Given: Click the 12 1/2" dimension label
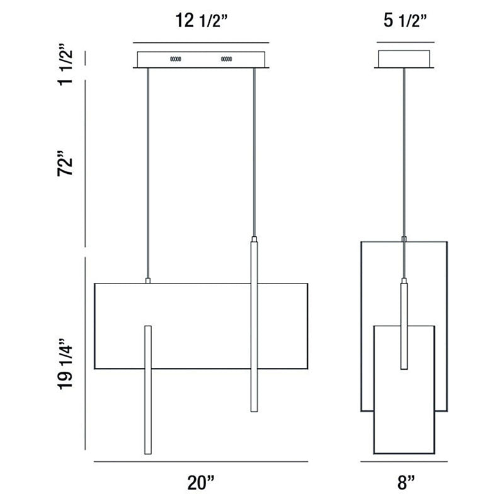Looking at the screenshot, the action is (x=201, y=21).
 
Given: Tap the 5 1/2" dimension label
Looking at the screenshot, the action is (x=405, y=21).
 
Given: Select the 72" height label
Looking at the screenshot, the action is (x=65, y=163).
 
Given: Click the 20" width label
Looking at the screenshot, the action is (x=200, y=483).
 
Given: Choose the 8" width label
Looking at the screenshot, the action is (x=406, y=483).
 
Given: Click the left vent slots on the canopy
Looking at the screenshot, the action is (x=176, y=59).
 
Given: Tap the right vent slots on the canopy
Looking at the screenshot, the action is (x=226, y=59).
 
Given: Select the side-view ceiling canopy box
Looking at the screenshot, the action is (x=404, y=59).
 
